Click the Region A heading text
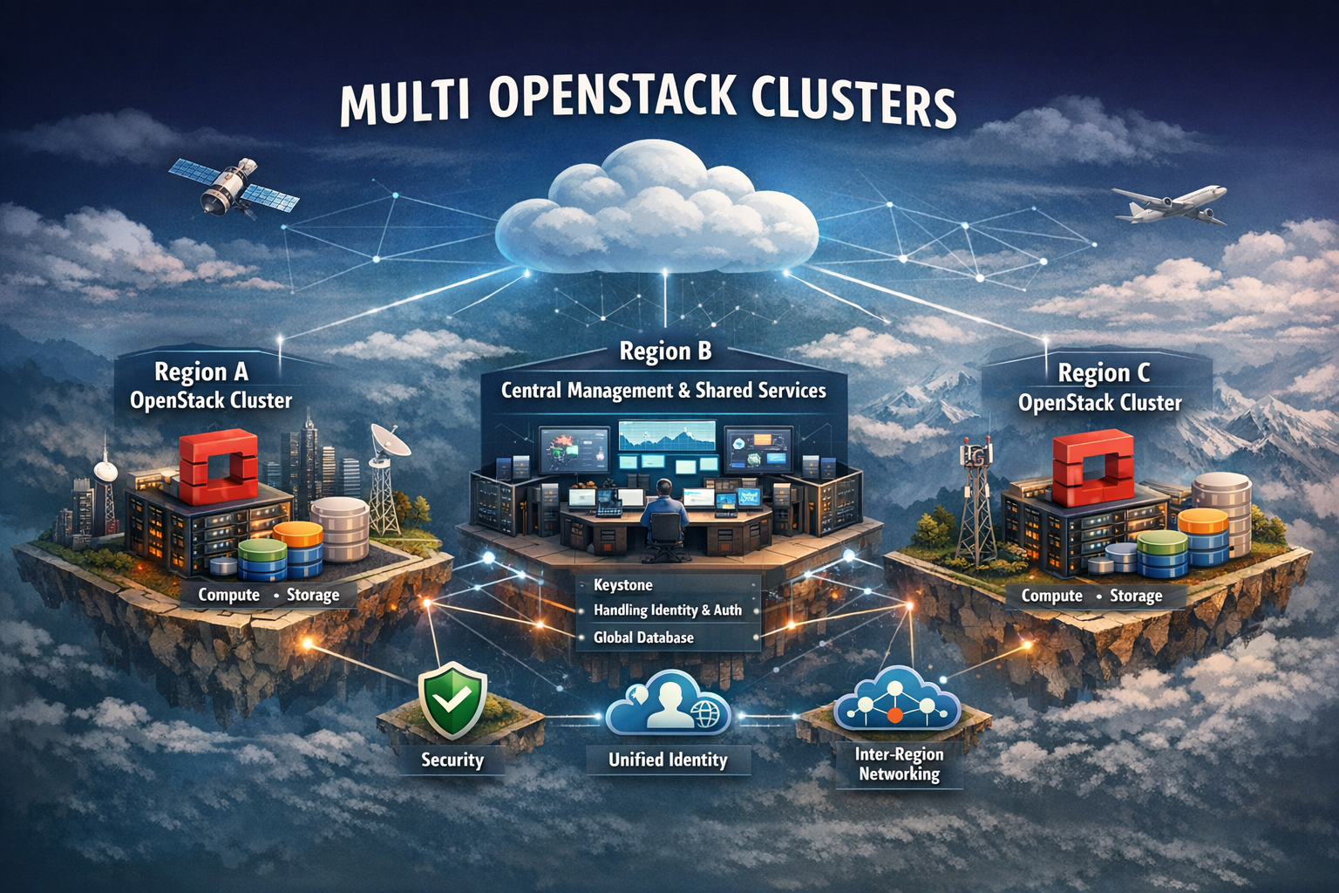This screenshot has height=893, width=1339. click(x=201, y=372)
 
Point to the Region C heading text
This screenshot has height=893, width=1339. click(x=1104, y=373)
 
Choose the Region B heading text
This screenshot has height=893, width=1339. click(x=665, y=351)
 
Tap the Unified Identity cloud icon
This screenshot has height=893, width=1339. click(x=668, y=706)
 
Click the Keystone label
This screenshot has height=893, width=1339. click(x=622, y=585)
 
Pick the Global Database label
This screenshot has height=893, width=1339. click(x=643, y=637)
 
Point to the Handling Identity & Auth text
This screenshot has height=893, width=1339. click(x=667, y=610)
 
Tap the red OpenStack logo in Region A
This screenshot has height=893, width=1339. click(x=218, y=467)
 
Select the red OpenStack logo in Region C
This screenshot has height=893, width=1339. click(x=1091, y=469)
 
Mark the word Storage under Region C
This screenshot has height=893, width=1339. click(x=1136, y=596)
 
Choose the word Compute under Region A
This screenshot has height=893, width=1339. click(x=228, y=595)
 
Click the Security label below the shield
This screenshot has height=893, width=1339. click(x=452, y=760)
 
